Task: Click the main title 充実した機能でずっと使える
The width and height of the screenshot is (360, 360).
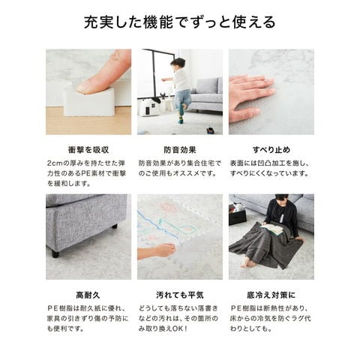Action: pyautogui.click(x=180, y=22)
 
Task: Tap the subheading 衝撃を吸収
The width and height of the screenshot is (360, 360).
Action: pyautogui.click(x=88, y=150)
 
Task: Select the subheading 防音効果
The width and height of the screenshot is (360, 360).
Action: pyautogui.click(x=180, y=150)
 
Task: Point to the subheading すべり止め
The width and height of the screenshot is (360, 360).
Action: pyautogui.click(x=271, y=150)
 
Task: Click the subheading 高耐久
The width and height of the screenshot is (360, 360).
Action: pyautogui.click(x=88, y=295)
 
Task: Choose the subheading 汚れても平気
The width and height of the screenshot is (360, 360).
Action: pyautogui.click(x=180, y=295)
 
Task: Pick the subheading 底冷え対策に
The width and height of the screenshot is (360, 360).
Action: pyautogui.click(x=271, y=295)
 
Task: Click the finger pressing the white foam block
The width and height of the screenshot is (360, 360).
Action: pyautogui.click(x=103, y=73)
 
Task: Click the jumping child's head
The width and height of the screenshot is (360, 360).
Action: pyautogui.click(x=178, y=64)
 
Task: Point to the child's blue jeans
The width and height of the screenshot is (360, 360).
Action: pyautogui.click(x=182, y=99)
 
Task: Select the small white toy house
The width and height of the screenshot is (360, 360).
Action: pyautogui.click(x=149, y=106)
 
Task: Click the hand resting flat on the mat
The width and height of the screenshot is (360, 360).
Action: pyautogui.click(x=251, y=97)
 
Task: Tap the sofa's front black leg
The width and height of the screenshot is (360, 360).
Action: pyautogui.click(x=55, y=253)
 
